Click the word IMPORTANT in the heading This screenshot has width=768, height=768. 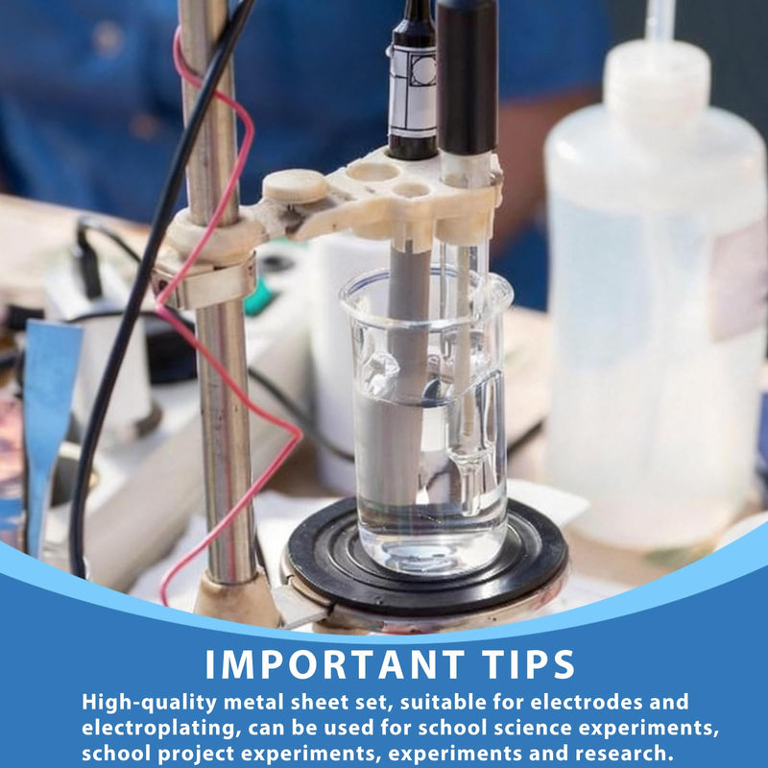334,664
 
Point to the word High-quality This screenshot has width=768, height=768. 149,703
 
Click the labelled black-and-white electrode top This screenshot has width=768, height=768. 413,81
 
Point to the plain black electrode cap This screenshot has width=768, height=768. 467,76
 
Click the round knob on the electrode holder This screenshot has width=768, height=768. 295,187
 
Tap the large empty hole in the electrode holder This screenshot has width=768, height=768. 373,171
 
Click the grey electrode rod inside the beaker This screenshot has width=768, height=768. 406,372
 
